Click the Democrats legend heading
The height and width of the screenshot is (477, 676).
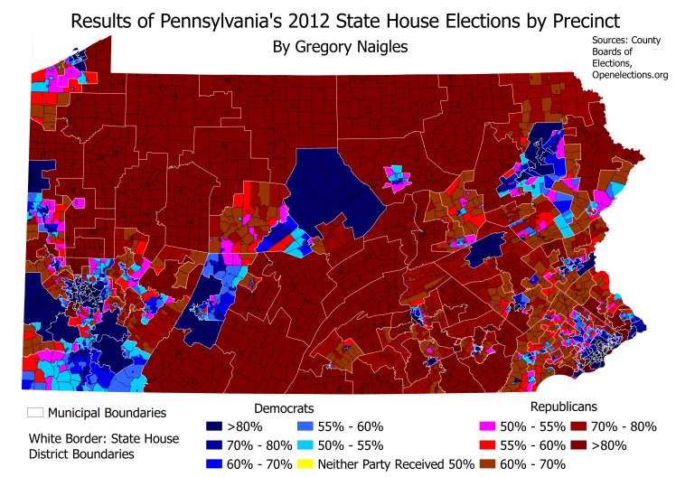point(285,407)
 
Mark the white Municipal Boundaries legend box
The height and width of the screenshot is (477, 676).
point(35,413)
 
